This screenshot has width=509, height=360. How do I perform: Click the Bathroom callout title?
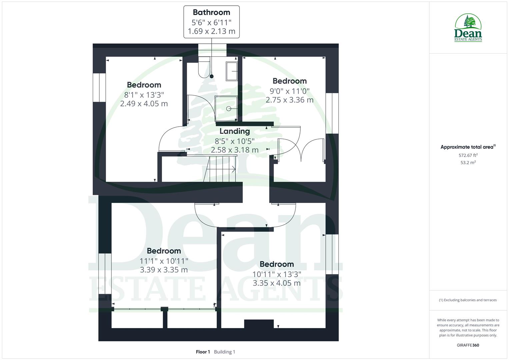[211, 12]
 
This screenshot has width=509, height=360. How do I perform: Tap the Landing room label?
[234, 131]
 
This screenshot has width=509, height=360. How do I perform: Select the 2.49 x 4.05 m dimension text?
[144, 103]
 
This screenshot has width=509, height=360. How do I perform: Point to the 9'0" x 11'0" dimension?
[289, 91]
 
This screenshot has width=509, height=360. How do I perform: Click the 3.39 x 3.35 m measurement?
[164, 270]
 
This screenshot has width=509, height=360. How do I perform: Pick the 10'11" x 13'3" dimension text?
[277, 274]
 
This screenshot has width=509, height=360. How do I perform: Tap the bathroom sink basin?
[232, 71]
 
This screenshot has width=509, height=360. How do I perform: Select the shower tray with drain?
[226, 108]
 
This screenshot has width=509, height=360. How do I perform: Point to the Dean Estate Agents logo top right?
[468, 28]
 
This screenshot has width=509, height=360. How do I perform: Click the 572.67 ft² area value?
[468, 155]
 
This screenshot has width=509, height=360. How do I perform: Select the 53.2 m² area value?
[468, 163]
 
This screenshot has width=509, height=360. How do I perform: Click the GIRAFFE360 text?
[468, 345]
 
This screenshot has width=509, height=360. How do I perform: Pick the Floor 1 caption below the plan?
[203, 352]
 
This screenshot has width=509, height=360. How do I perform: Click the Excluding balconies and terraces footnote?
[468, 300]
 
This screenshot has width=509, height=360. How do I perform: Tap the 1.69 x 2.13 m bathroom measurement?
[211, 31]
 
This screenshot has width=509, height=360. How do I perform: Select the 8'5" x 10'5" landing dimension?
[234, 141]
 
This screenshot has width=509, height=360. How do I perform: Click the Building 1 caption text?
[224, 352]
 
